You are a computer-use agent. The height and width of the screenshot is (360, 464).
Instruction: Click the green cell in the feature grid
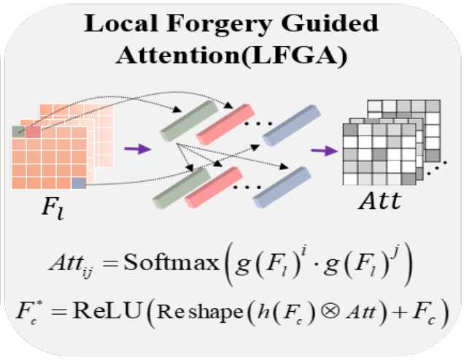pyautogui.click(x=20, y=131)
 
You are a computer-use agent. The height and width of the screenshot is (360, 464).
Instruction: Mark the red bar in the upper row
pyautogui.click(x=225, y=120)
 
